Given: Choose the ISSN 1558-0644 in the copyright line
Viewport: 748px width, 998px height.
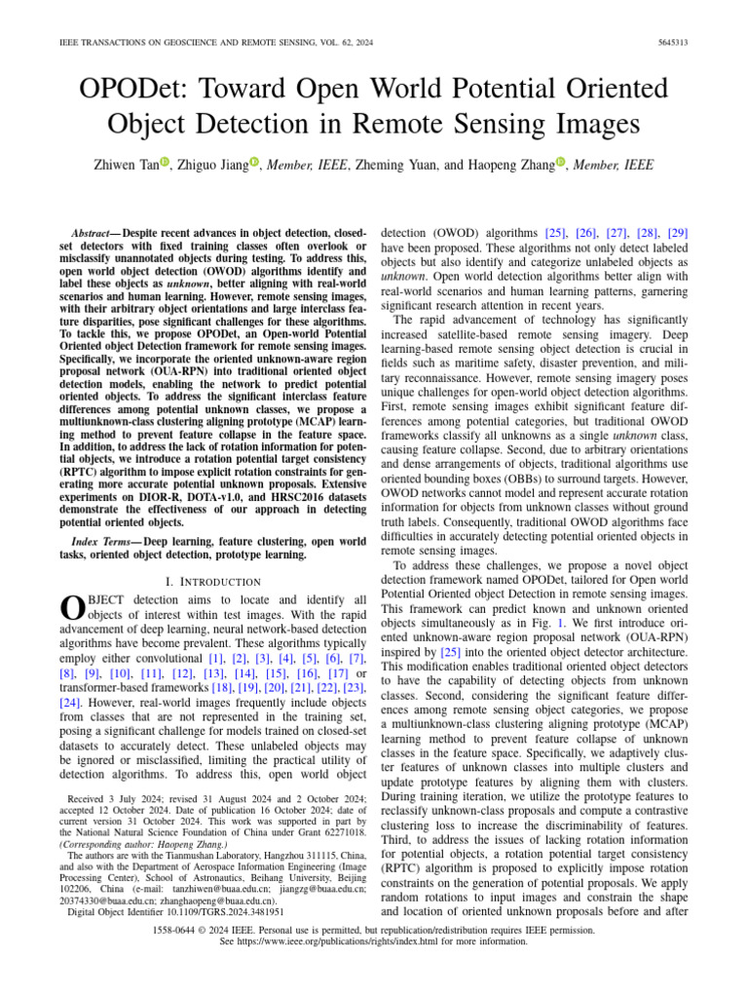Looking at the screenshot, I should [x=178, y=931].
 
